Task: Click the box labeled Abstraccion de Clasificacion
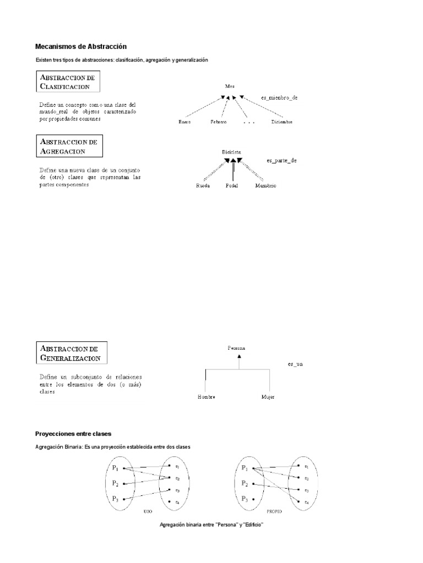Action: point(69,82)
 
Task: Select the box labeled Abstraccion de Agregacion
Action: point(69,146)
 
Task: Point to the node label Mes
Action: point(230,86)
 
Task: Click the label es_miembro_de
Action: point(279,97)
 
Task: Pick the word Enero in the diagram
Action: point(185,122)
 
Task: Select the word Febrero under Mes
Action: point(218,122)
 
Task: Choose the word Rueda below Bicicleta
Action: point(203,186)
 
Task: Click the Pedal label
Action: point(232,186)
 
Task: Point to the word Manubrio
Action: point(265,186)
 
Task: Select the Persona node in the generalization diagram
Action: point(236,348)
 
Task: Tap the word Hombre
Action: point(207,396)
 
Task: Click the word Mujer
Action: point(268,396)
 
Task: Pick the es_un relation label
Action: point(296,364)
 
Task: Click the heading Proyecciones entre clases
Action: point(73,434)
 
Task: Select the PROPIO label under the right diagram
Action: point(274,511)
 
